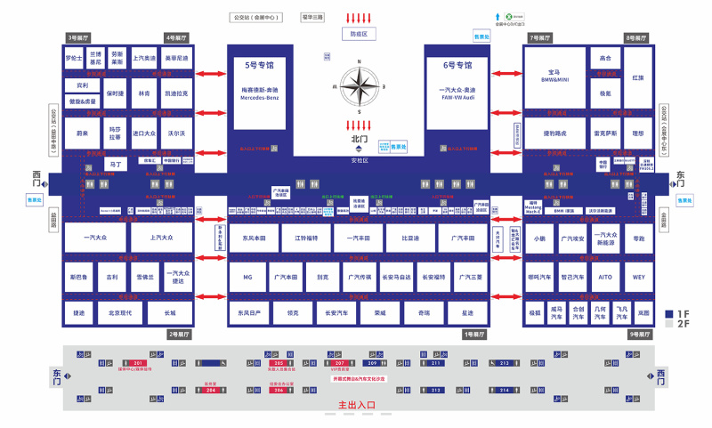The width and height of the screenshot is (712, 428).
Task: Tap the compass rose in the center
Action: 360,87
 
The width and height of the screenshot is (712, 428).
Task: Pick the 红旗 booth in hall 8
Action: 637,77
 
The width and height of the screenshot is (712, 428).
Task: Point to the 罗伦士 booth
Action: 74,58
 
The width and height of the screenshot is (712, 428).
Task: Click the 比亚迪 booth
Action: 410,238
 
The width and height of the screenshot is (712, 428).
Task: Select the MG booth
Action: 247,278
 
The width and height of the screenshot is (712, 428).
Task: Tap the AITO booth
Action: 604,277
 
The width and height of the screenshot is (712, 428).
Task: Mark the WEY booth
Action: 638,277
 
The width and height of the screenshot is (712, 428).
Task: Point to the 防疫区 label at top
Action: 359,34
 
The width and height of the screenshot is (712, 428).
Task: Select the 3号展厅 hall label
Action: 79,38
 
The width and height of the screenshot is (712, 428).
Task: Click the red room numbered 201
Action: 138,364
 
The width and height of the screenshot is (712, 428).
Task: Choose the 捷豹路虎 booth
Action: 554,133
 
